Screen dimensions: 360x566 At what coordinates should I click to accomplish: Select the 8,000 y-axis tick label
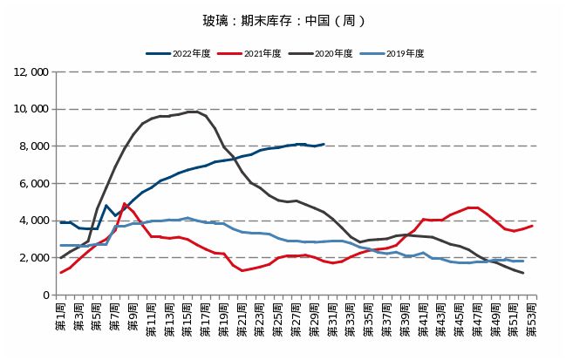[x=33, y=146]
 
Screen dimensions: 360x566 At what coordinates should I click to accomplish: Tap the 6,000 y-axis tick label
[x=33, y=184]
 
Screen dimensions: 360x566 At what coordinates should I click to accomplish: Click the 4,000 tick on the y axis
[x=33, y=221]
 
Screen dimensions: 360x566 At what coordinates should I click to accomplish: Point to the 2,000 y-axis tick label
[x=33, y=258]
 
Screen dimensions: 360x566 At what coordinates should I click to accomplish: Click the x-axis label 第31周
[x=332, y=318]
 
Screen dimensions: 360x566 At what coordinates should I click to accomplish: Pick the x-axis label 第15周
[x=188, y=318]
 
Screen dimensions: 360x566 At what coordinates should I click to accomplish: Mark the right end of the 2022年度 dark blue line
[x=324, y=144]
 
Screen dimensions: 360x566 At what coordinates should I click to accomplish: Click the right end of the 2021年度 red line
[x=532, y=226]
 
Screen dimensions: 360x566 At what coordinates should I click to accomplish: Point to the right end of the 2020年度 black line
[x=522, y=273]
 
